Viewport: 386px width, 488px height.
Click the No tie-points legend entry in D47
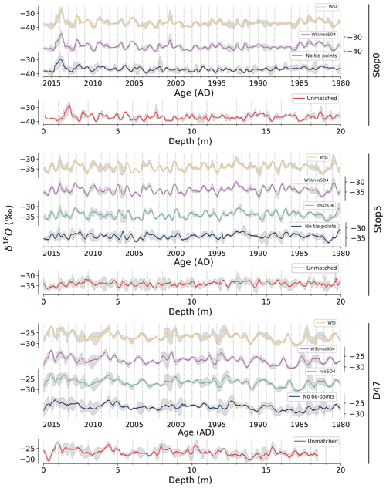317,396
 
